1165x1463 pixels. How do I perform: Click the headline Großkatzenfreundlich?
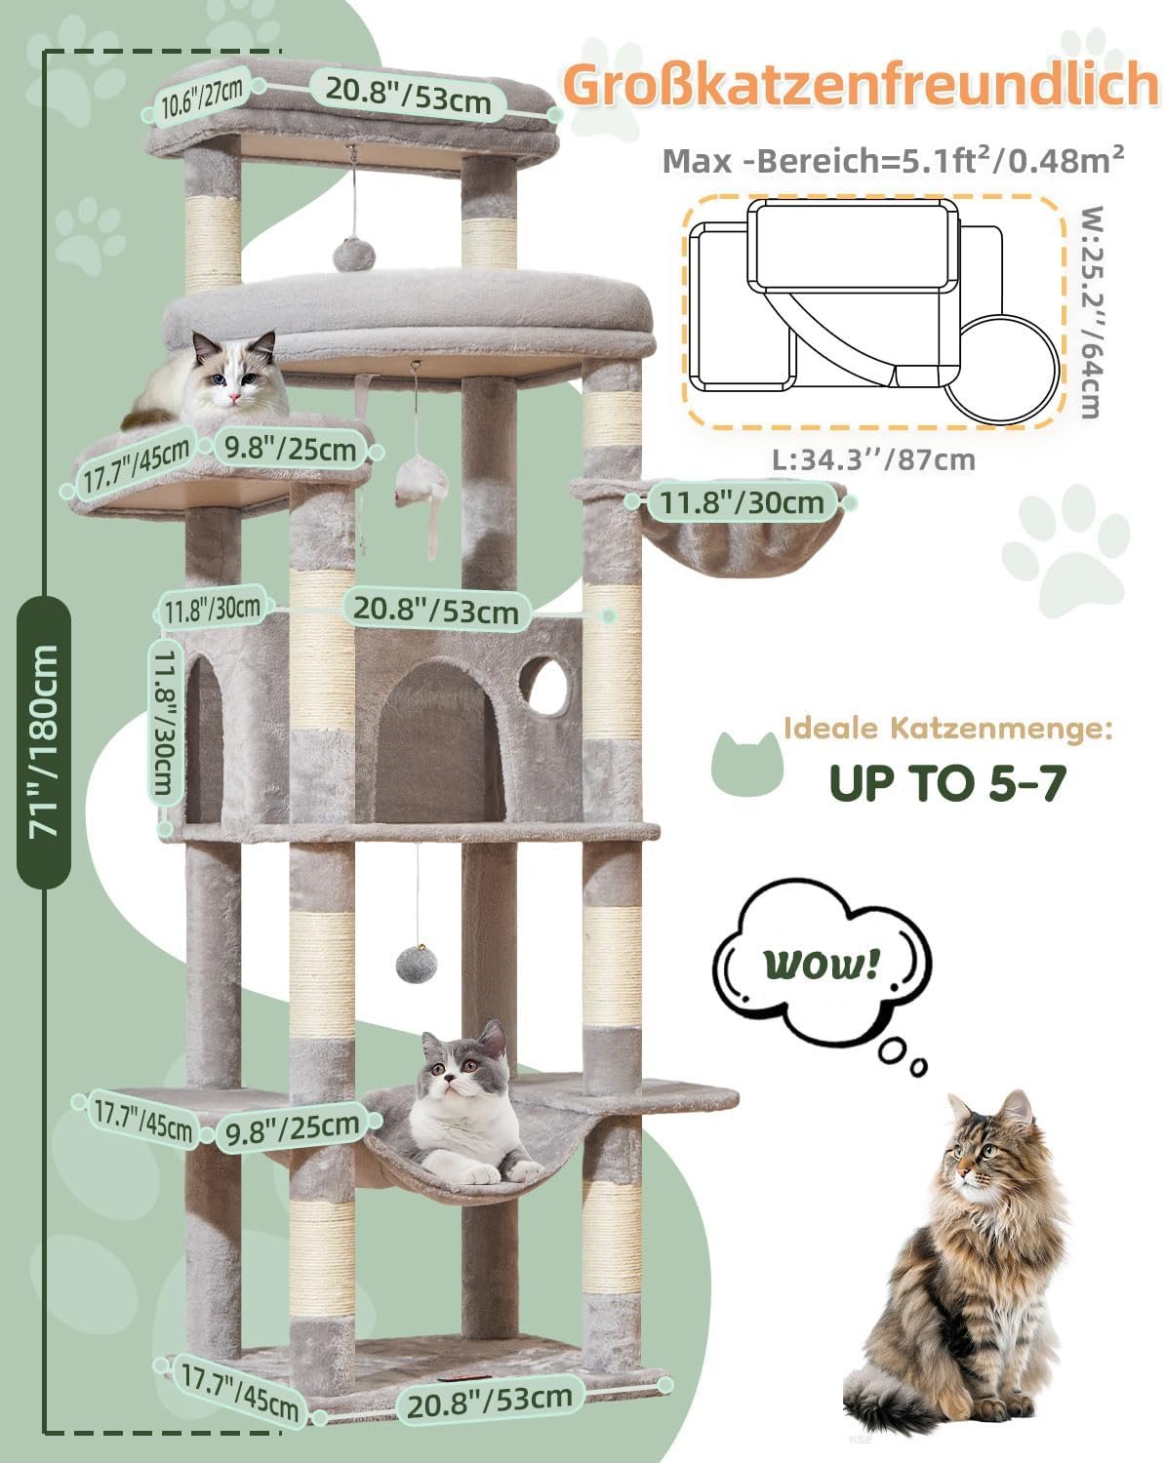861,84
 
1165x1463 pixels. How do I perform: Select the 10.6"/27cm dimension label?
202,99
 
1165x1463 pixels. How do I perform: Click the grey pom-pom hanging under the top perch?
353,253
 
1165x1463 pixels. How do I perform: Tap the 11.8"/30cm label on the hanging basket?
742,502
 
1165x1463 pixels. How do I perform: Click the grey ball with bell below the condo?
416,963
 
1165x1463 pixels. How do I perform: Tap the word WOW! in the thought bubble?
821,964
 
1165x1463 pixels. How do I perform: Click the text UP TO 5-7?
947,782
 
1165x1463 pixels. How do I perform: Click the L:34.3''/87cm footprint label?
873,460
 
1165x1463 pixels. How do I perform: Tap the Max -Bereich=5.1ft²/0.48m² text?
893,160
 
